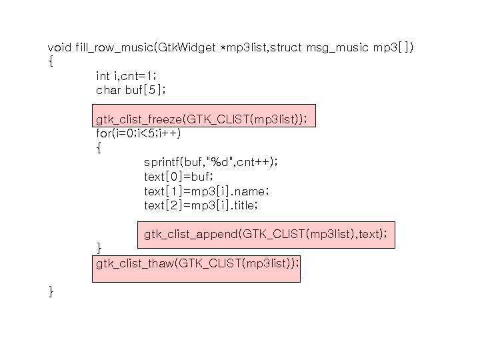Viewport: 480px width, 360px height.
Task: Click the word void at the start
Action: click(60, 47)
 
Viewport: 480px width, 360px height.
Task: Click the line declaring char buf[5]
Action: click(131, 90)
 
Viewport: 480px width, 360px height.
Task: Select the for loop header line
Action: click(138, 133)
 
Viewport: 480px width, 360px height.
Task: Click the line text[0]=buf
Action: click(178, 177)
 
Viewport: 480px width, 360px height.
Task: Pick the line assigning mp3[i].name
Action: click(207, 191)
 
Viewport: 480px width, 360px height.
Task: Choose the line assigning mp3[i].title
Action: click(201, 206)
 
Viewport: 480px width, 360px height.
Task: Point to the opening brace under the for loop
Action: click(99, 149)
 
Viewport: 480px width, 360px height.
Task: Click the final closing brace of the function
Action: click(51, 291)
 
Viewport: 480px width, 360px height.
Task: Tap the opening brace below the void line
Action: click(51, 62)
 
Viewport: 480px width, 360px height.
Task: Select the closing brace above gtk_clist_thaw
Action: click(99, 249)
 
